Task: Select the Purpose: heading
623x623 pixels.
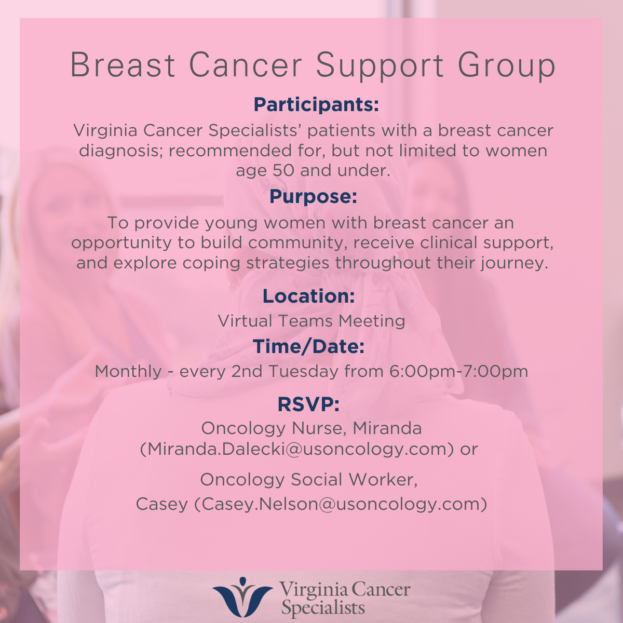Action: tap(313, 197)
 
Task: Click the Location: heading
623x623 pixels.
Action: tap(309, 296)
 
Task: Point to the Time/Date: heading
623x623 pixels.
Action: tap(309, 347)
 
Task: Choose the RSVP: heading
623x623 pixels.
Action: tap(308, 404)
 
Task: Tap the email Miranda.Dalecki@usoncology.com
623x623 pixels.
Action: tap(297, 449)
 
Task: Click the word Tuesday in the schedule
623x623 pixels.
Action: tap(303, 371)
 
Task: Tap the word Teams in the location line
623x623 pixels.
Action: tap(302, 321)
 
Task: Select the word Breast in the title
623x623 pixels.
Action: tap(123, 65)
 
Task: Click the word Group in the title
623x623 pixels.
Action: tap(507, 67)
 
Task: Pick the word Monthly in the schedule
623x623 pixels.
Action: tap(128, 371)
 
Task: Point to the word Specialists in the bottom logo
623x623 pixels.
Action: tap(323, 608)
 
